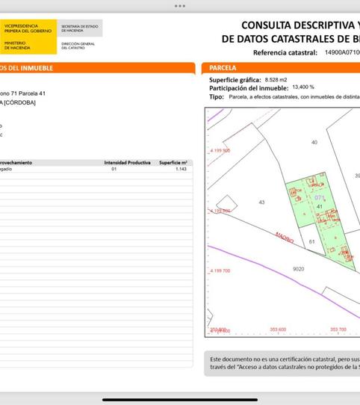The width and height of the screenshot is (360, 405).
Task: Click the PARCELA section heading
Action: (223, 68)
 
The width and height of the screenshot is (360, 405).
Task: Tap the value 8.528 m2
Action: (276, 79)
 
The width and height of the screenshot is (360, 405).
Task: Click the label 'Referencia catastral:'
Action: (285, 53)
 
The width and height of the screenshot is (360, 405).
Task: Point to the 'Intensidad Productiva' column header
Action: (127, 162)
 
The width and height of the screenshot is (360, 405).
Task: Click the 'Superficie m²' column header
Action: (173, 162)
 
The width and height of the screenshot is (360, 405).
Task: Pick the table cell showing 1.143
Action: (180, 170)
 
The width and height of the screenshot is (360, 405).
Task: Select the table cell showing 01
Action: (114, 170)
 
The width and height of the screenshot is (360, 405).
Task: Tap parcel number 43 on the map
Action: (261, 203)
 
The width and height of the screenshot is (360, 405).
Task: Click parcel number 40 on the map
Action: (314, 142)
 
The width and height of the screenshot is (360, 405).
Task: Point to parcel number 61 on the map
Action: (311, 242)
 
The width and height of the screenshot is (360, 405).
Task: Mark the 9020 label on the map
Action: (298, 268)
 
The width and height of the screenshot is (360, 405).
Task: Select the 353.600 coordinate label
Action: (278, 330)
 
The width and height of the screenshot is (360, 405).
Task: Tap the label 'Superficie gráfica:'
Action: (235, 79)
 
